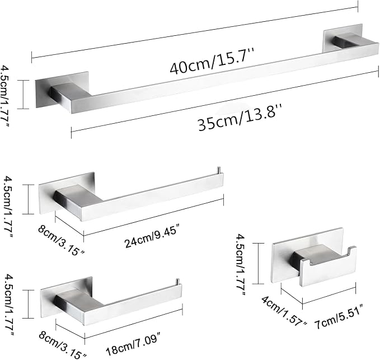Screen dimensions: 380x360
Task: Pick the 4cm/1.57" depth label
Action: point(284,311)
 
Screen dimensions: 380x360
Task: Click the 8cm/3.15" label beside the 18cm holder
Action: point(62,345)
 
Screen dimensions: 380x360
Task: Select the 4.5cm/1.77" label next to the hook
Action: point(241,264)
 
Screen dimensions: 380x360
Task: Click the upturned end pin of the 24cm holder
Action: point(218,170)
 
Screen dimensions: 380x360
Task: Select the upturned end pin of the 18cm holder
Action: point(177,282)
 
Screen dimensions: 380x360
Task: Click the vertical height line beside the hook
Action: point(259,263)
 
